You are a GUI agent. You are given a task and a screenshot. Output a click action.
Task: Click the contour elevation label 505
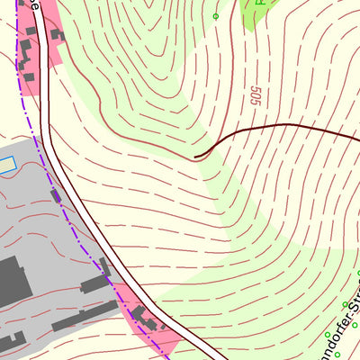(255, 95)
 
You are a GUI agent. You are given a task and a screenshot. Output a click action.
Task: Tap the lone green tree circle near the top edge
(216, 15)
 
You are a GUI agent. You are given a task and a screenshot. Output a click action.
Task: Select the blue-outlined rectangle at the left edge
(7, 165)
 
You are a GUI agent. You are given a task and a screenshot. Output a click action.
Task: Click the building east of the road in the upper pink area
(57, 35)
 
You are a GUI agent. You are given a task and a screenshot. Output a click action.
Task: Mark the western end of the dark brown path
(196, 157)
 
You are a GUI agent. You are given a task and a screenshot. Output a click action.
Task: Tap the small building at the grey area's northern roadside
(56, 194)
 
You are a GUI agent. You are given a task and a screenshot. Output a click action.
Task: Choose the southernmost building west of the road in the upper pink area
(28, 76)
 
